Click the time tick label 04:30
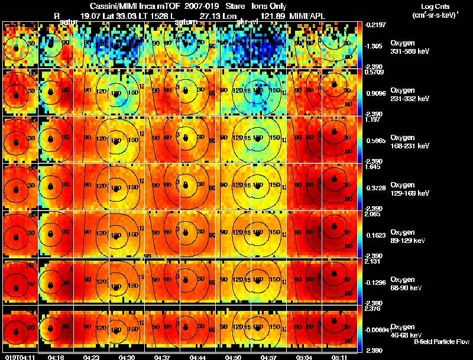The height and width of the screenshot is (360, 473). [x=127, y=356]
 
